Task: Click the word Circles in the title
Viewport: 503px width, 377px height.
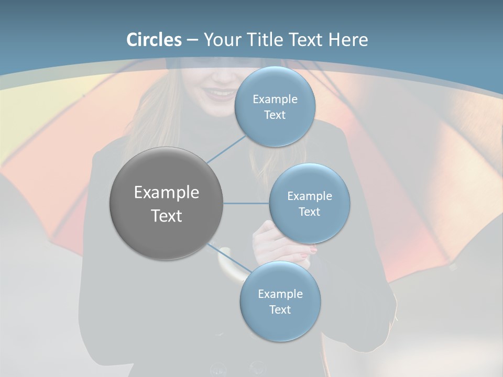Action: pos(154,40)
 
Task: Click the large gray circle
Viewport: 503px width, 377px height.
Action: pos(166,203)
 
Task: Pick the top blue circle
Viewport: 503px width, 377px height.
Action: pos(275,106)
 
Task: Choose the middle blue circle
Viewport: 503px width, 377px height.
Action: pos(309,203)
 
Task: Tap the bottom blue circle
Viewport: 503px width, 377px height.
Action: pos(280,302)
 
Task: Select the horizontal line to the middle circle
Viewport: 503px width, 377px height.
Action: pos(246,203)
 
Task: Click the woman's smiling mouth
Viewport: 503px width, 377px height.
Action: pos(220,94)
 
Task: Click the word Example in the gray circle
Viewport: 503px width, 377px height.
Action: pos(166,193)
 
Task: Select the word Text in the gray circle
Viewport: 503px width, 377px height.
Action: pos(166,216)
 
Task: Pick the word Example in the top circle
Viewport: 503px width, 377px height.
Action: pos(275,99)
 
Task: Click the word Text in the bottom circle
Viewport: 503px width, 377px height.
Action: pos(280,309)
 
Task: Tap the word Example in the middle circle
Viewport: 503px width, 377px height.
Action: pos(309,196)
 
